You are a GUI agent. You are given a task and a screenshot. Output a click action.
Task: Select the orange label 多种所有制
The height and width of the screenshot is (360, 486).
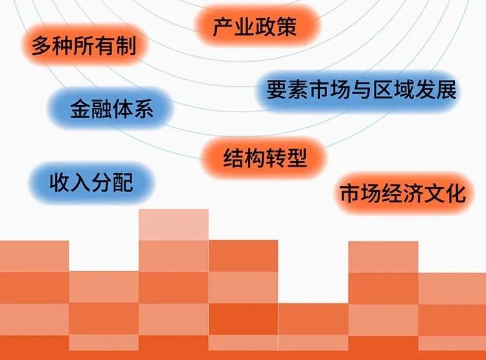84,45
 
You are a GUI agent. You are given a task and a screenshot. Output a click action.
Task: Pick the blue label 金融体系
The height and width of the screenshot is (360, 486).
111,108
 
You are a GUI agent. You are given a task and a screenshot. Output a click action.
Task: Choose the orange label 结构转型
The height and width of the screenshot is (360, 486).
265,158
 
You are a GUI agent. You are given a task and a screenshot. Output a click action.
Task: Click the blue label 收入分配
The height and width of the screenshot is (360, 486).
92,182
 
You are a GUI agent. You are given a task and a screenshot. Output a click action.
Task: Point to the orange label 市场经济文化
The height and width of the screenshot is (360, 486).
402,193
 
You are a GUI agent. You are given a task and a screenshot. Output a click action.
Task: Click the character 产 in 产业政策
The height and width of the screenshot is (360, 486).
223,27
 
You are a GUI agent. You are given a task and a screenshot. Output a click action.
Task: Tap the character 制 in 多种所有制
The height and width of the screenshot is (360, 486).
126,46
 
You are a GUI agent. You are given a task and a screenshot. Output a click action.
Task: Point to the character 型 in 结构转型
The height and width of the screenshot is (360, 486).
297,158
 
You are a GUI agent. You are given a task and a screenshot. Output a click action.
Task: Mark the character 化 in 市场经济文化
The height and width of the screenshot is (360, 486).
456,194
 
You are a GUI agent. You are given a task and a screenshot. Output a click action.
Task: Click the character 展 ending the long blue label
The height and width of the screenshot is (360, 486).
446,90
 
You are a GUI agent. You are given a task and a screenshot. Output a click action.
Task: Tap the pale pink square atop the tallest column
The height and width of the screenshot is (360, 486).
174,224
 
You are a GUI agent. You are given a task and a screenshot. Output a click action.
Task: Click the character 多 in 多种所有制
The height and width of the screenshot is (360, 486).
41,46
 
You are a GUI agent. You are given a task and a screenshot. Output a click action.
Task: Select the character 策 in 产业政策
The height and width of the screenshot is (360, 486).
286,27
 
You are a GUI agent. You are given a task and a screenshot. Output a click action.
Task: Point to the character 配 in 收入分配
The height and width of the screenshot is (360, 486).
123,182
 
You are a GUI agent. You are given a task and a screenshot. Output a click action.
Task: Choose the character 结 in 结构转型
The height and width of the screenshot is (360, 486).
233,158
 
